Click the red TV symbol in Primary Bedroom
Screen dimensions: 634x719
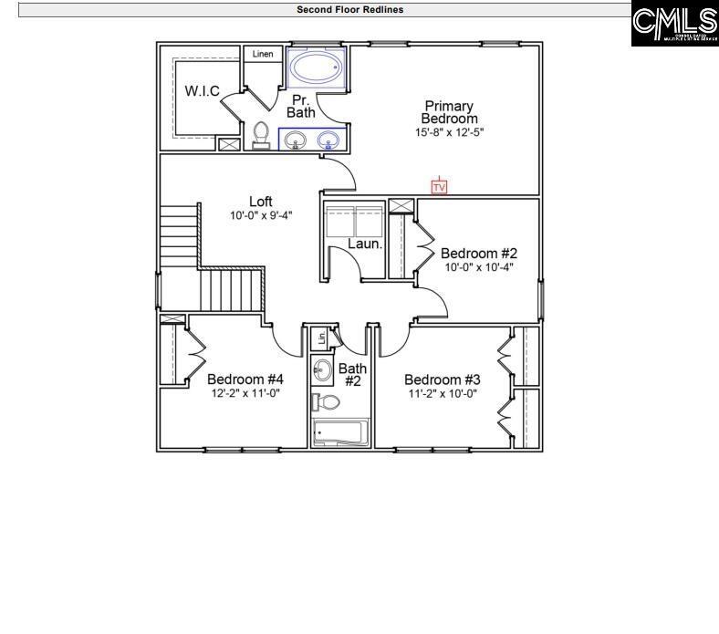point(439,187)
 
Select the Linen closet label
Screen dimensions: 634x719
point(263,55)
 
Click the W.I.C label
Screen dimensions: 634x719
point(202,91)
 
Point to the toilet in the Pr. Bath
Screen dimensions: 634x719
point(262,134)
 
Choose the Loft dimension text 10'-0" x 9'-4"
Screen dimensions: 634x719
point(261,216)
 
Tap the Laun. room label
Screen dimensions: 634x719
point(365,244)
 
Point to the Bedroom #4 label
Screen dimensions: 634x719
point(245,379)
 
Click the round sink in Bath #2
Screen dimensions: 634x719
point(323,370)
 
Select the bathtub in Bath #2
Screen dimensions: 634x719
point(339,432)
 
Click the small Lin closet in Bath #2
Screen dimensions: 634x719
point(321,338)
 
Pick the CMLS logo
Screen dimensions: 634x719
point(675,24)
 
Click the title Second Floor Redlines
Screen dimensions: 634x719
point(349,10)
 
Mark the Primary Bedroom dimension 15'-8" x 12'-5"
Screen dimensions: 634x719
point(450,132)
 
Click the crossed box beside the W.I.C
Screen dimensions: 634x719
point(228,144)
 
